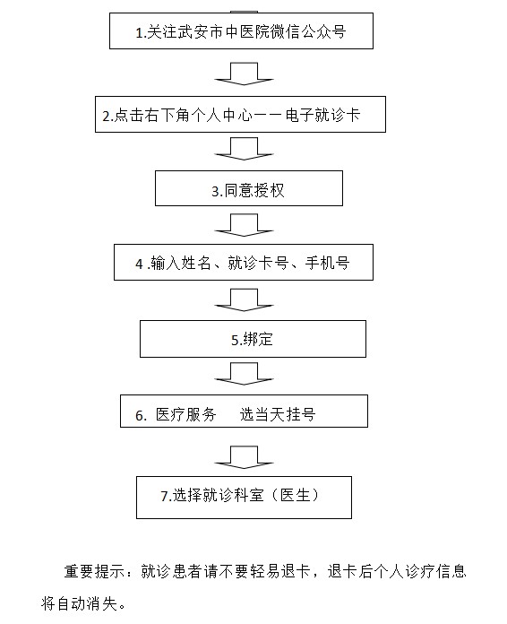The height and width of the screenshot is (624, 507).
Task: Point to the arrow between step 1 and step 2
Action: click(244, 74)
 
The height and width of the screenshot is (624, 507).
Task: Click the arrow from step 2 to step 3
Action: click(244, 149)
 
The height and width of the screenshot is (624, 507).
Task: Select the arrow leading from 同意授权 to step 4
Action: click(244, 225)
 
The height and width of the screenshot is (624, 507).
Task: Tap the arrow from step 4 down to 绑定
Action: click(244, 300)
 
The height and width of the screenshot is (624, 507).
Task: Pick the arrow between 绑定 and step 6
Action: click(244, 374)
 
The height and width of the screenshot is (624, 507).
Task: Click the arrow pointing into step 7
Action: click(244, 457)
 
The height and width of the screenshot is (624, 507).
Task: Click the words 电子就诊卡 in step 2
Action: click(322, 115)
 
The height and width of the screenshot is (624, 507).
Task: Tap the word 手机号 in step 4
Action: click(327, 263)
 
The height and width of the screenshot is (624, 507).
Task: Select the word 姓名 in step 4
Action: click(196, 263)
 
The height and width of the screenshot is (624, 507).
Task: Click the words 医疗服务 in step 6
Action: click(185, 414)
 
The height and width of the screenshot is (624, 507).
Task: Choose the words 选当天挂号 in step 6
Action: click(278, 414)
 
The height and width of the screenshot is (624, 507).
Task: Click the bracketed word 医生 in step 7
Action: click(295, 496)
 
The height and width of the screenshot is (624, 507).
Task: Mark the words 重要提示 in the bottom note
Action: click(95, 571)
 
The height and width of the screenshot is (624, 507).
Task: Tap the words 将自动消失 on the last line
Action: click(80, 603)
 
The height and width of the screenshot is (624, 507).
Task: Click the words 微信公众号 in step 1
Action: click(308, 32)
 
